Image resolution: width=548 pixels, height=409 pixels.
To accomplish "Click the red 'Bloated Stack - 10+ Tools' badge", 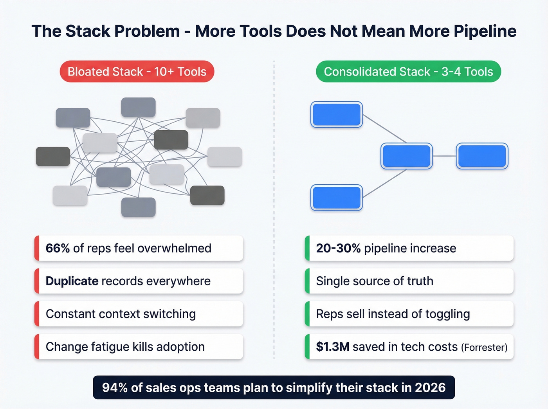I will click(x=137, y=72).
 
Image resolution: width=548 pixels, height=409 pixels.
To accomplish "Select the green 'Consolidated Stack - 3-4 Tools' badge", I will click(x=408, y=72).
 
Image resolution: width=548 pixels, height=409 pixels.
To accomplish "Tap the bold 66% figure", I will click(x=58, y=248).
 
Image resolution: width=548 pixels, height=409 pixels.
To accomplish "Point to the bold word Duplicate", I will click(x=72, y=281).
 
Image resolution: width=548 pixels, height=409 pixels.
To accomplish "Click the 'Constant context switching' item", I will click(x=121, y=314).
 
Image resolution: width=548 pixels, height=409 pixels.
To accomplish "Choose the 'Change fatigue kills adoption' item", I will click(x=125, y=347).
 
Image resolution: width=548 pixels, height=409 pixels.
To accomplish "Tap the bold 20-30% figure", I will click(x=338, y=248).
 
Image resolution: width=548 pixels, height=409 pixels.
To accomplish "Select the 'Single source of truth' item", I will click(x=375, y=281).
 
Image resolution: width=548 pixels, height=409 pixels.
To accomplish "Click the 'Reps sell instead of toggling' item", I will click(x=393, y=314).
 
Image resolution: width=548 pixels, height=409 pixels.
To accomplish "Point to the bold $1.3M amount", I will click(x=333, y=347).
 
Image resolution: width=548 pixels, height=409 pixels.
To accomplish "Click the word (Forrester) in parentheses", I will click(x=484, y=348).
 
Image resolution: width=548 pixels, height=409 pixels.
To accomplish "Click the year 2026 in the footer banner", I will click(x=430, y=387).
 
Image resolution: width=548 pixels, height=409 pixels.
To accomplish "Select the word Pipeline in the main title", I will click(x=485, y=31).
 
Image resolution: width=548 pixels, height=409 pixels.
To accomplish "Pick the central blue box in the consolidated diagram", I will click(x=407, y=156).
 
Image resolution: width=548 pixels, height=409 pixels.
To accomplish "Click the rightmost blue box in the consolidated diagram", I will click(x=482, y=156).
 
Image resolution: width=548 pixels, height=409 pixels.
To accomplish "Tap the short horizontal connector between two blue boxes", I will click(x=444, y=156).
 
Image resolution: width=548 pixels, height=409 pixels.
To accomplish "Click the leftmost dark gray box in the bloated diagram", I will click(x=53, y=157).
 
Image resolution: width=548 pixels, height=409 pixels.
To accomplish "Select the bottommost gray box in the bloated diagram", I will click(x=139, y=207).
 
